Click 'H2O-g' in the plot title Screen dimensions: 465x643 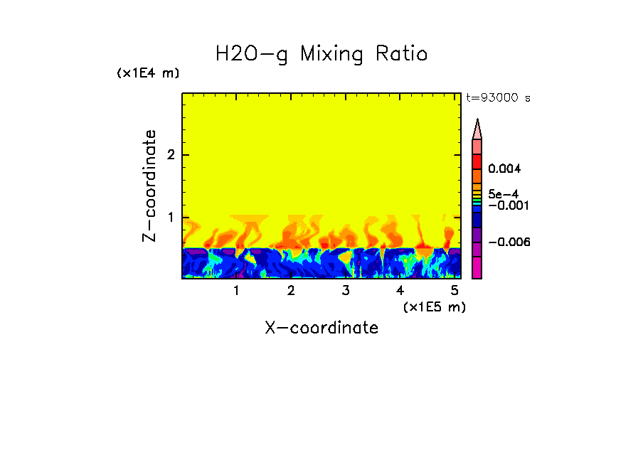tap(252, 54)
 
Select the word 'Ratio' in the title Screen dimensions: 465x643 tap(403, 54)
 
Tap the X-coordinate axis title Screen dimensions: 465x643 tap(321, 328)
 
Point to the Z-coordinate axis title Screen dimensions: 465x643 tap(149, 186)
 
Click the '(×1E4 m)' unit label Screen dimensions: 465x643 tap(149, 73)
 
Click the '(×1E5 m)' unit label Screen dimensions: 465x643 tap(434, 306)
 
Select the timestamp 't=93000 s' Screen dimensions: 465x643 tap(498, 98)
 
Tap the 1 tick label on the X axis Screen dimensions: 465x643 tap(236, 291)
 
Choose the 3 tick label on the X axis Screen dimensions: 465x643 tap(345, 291)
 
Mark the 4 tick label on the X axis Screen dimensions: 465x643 tap(400, 291)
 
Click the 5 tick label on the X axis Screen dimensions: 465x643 tap(454, 291)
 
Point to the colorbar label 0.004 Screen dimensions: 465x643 tap(505, 169)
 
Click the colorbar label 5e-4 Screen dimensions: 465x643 tap(503, 193)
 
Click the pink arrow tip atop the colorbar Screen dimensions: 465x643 tap(477, 129)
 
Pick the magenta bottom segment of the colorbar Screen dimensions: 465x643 tap(477, 268)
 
